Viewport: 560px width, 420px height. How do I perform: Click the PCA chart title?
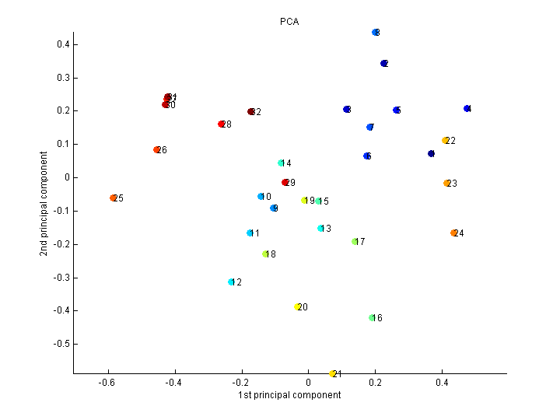click(289, 22)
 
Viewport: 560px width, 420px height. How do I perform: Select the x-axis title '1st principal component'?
click(289, 395)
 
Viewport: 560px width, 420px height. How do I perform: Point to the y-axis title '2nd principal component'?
click(49, 194)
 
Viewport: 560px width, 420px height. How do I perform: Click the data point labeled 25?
click(114, 198)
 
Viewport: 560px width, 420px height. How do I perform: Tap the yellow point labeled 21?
click(333, 374)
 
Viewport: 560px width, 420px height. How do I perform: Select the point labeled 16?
click(373, 317)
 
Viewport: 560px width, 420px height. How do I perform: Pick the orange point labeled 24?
click(453, 233)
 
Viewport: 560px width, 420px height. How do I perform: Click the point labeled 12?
click(231, 282)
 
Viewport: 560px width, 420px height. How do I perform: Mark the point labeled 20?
click(298, 307)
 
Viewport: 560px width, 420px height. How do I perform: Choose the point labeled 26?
click(157, 150)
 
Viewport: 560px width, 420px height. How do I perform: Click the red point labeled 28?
click(222, 124)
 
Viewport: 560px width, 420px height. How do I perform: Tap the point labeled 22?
click(446, 141)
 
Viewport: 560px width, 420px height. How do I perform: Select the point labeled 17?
click(355, 242)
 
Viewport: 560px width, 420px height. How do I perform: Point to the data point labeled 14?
click(281, 163)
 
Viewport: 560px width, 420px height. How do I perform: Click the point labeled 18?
click(266, 254)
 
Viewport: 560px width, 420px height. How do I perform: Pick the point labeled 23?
click(447, 184)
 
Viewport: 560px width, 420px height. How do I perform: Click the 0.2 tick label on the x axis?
click(376, 383)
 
